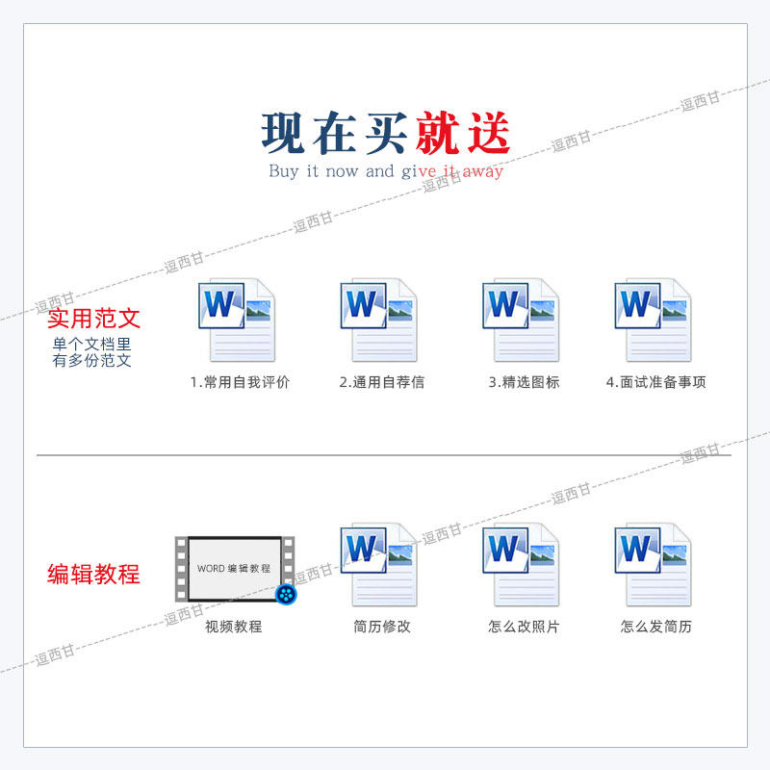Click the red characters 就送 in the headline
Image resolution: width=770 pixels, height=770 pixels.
(463, 133)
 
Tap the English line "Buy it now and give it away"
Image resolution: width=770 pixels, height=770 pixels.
(386, 171)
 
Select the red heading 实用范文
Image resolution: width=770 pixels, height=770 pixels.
(94, 319)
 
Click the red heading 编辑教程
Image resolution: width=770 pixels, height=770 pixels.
(94, 575)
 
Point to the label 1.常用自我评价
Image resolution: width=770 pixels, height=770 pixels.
(240, 382)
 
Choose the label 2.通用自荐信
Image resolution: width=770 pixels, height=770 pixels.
(382, 382)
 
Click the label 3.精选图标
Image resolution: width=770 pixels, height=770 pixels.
(524, 382)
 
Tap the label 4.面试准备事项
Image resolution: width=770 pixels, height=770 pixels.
(656, 382)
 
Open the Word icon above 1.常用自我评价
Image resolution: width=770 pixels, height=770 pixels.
(236, 321)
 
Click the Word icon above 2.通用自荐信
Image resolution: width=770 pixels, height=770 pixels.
(378, 321)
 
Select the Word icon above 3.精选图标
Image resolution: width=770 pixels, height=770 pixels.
(521, 321)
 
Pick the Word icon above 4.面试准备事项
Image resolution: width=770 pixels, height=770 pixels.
(654, 321)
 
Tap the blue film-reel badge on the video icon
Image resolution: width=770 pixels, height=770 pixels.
(286, 594)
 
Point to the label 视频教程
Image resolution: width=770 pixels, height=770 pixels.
(234, 627)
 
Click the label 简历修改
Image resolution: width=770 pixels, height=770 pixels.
(382, 627)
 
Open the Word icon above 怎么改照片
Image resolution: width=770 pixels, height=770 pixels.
(521, 565)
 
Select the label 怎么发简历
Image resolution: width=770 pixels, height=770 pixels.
(656, 627)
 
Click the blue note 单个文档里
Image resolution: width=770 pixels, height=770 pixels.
(91, 345)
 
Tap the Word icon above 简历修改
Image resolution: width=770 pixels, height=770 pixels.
(378, 565)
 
